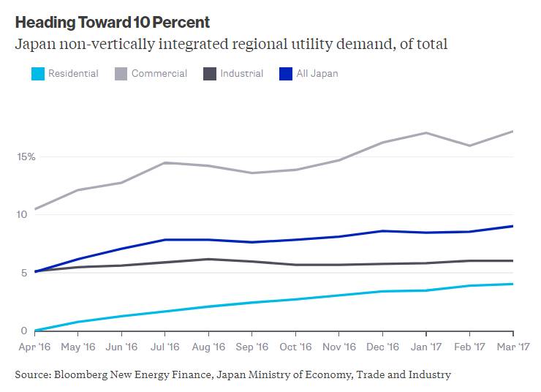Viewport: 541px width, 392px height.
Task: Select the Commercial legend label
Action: (159, 73)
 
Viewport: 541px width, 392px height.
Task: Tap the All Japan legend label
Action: (317, 73)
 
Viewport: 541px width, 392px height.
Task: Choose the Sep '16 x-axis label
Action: (252, 347)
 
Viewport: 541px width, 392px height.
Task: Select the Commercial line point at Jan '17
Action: (426, 133)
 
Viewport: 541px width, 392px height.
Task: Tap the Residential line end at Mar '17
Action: (512, 284)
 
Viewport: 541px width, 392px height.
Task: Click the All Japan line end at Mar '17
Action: (512, 226)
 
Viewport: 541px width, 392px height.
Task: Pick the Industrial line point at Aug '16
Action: (209, 259)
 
